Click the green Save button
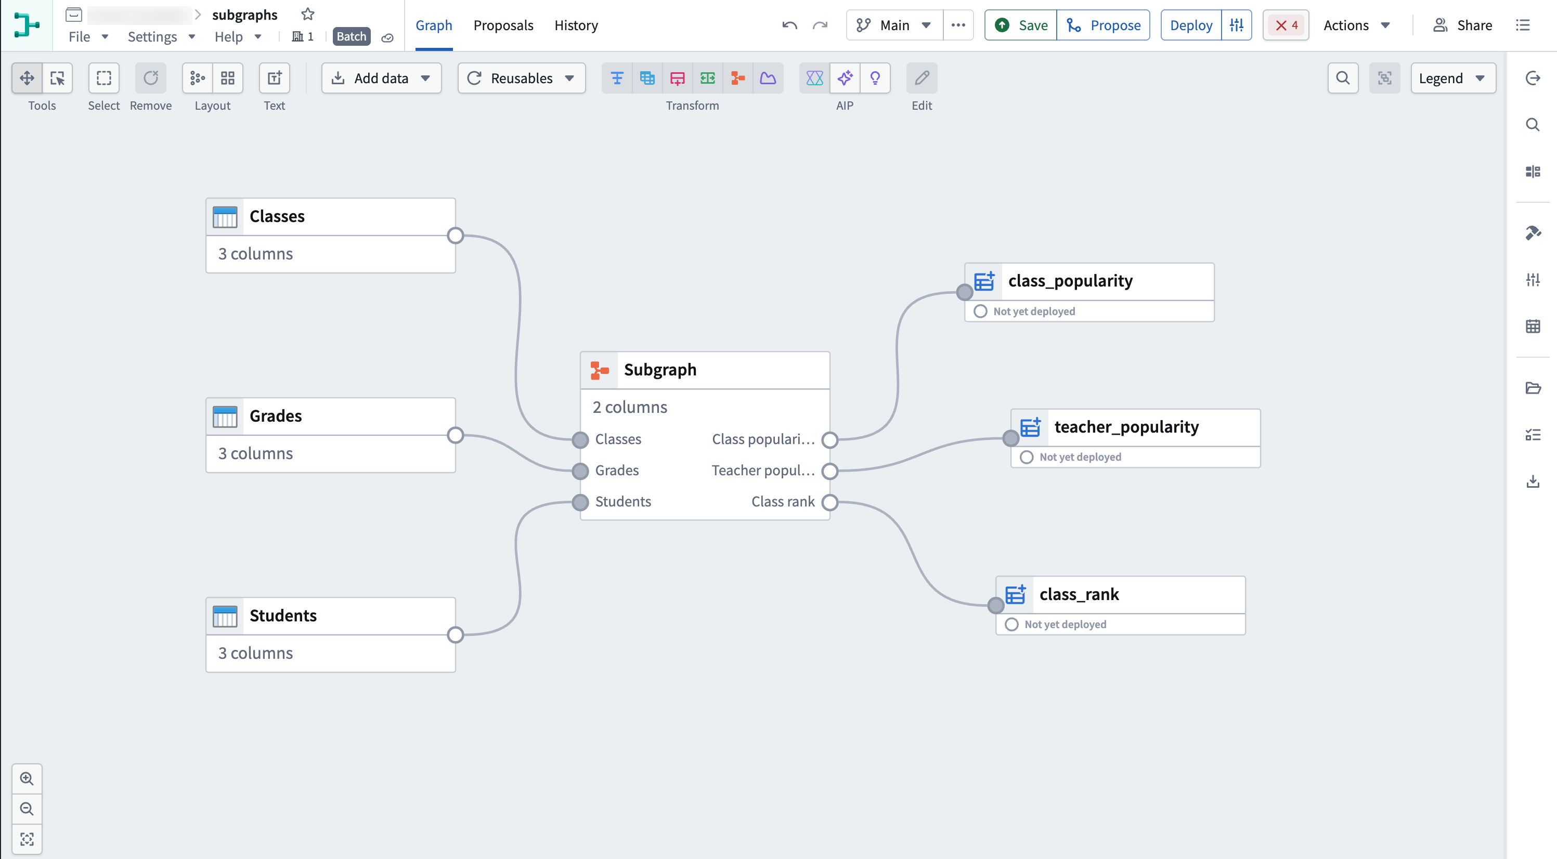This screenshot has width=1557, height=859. click(x=1021, y=25)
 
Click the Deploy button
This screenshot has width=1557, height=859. click(x=1191, y=25)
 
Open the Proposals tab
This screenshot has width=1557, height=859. click(x=503, y=25)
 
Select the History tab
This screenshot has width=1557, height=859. click(x=576, y=25)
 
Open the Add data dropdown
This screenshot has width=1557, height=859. click(x=381, y=78)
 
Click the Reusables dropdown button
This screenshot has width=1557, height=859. click(x=521, y=78)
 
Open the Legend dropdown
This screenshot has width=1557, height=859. click(x=1452, y=78)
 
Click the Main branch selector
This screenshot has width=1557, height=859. click(x=894, y=25)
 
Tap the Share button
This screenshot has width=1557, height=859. click(x=1463, y=25)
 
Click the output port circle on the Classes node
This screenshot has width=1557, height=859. click(x=455, y=236)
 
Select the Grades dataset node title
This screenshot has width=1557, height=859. click(x=276, y=416)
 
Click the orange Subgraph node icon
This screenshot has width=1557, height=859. click(x=600, y=370)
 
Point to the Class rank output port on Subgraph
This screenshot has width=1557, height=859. click(x=830, y=502)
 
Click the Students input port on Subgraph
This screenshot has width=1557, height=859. click(x=580, y=502)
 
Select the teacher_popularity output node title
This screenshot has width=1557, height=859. click(x=1126, y=427)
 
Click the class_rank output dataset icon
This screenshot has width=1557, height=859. click(x=1016, y=595)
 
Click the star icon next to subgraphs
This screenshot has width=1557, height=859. click(x=308, y=14)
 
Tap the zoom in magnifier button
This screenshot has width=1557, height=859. click(x=27, y=778)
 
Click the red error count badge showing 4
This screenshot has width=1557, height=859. click(x=1286, y=25)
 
